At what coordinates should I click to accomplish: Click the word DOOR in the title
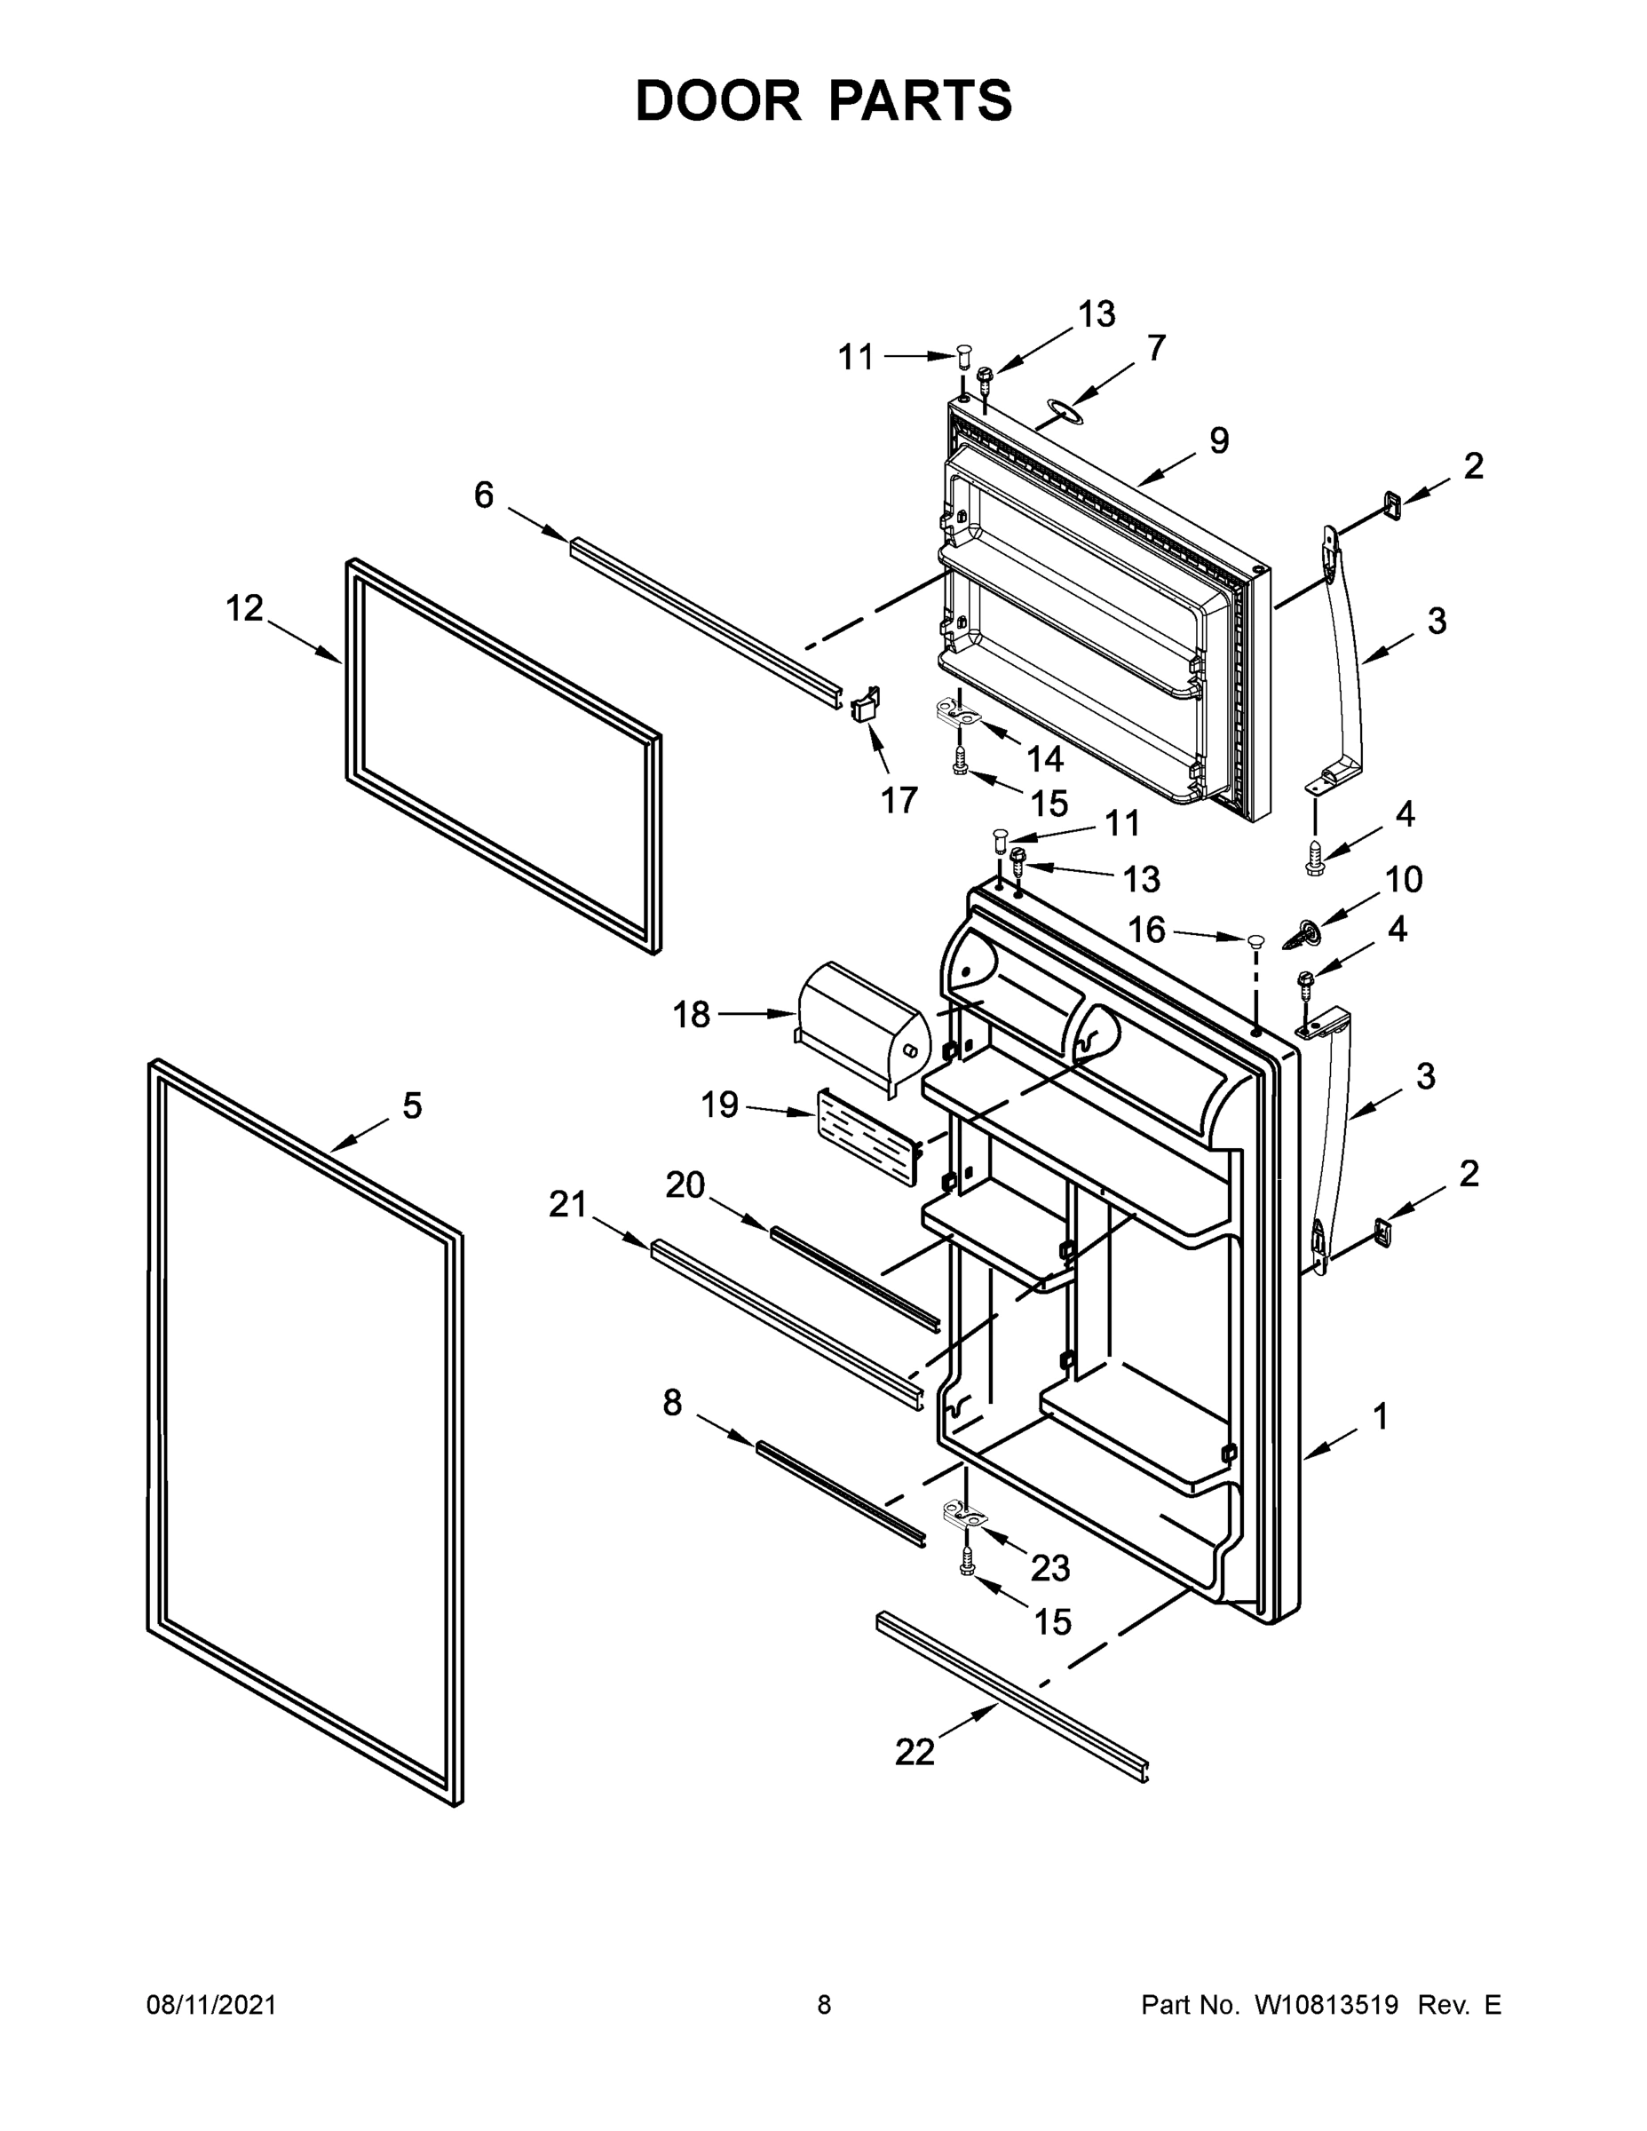(x=718, y=100)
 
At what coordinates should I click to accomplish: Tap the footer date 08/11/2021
(x=210, y=2004)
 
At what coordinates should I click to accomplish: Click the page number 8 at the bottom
(x=824, y=2004)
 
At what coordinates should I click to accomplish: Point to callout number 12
(x=244, y=609)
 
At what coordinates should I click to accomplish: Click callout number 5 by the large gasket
(x=412, y=1106)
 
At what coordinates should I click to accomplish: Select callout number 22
(x=915, y=1753)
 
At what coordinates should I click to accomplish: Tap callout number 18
(x=691, y=1015)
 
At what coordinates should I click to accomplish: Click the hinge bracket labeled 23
(x=965, y=1517)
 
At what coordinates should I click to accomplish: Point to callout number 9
(x=1219, y=441)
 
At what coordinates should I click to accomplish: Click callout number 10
(x=1403, y=880)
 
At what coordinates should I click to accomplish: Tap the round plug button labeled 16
(x=1254, y=940)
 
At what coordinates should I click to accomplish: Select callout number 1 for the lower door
(x=1380, y=1416)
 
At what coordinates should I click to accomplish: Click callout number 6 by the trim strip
(x=484, y=495)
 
